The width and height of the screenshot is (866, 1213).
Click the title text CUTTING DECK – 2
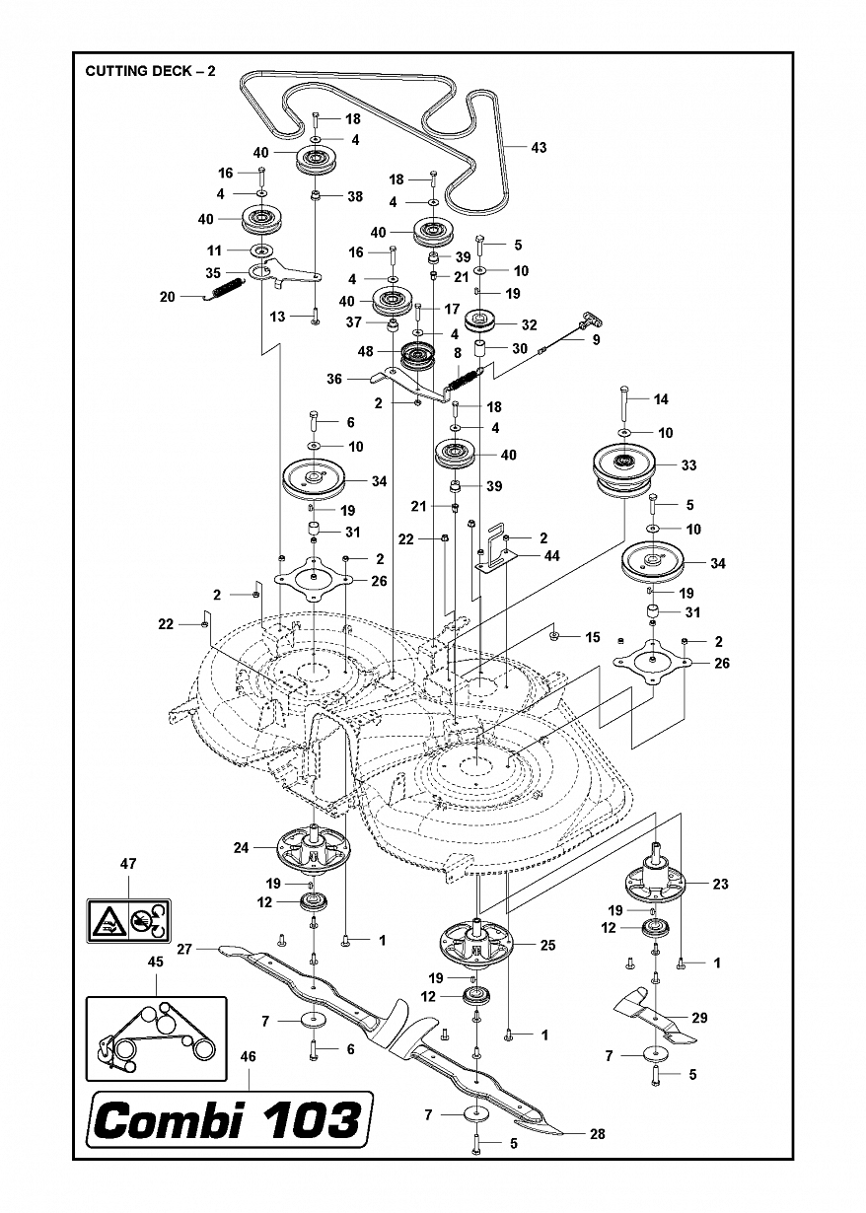coord(150,71)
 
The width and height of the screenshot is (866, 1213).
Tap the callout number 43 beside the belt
coord(539,147)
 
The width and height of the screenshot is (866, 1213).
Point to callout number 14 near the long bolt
coord(661,399)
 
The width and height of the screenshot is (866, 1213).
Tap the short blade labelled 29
coord(654,1019)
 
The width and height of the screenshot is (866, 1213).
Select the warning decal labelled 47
coord(129,920)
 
